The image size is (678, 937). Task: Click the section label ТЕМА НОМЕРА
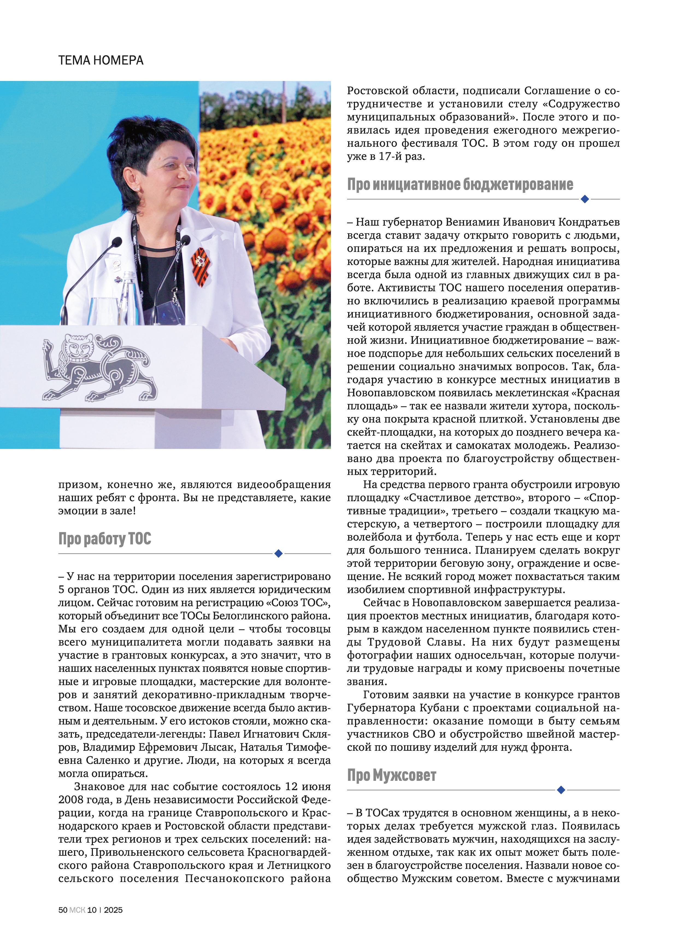point(101,60)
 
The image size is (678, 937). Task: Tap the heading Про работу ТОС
point(105,539)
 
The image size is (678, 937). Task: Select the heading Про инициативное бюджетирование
point(460,185)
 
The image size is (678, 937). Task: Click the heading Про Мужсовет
point(391,775)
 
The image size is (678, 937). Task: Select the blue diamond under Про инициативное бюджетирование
point(584,199)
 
